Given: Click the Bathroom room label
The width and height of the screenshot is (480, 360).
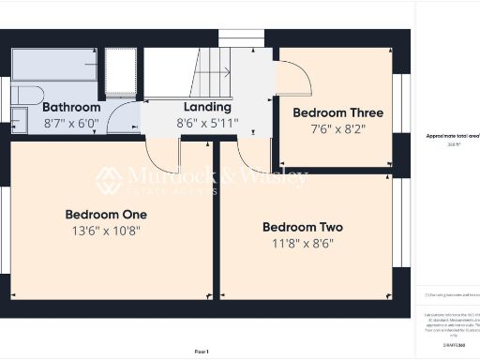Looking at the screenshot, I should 71,107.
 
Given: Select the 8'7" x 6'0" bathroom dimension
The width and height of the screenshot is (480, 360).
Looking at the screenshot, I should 71,123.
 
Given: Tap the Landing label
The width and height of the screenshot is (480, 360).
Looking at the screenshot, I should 207,107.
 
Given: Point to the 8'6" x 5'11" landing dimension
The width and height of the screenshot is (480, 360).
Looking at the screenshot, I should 207,123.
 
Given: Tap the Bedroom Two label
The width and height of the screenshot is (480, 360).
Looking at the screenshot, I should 302,227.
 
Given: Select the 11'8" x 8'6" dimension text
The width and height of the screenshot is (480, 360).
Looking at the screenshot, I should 302,243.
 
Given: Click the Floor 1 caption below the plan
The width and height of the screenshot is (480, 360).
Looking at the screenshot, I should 202,351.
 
